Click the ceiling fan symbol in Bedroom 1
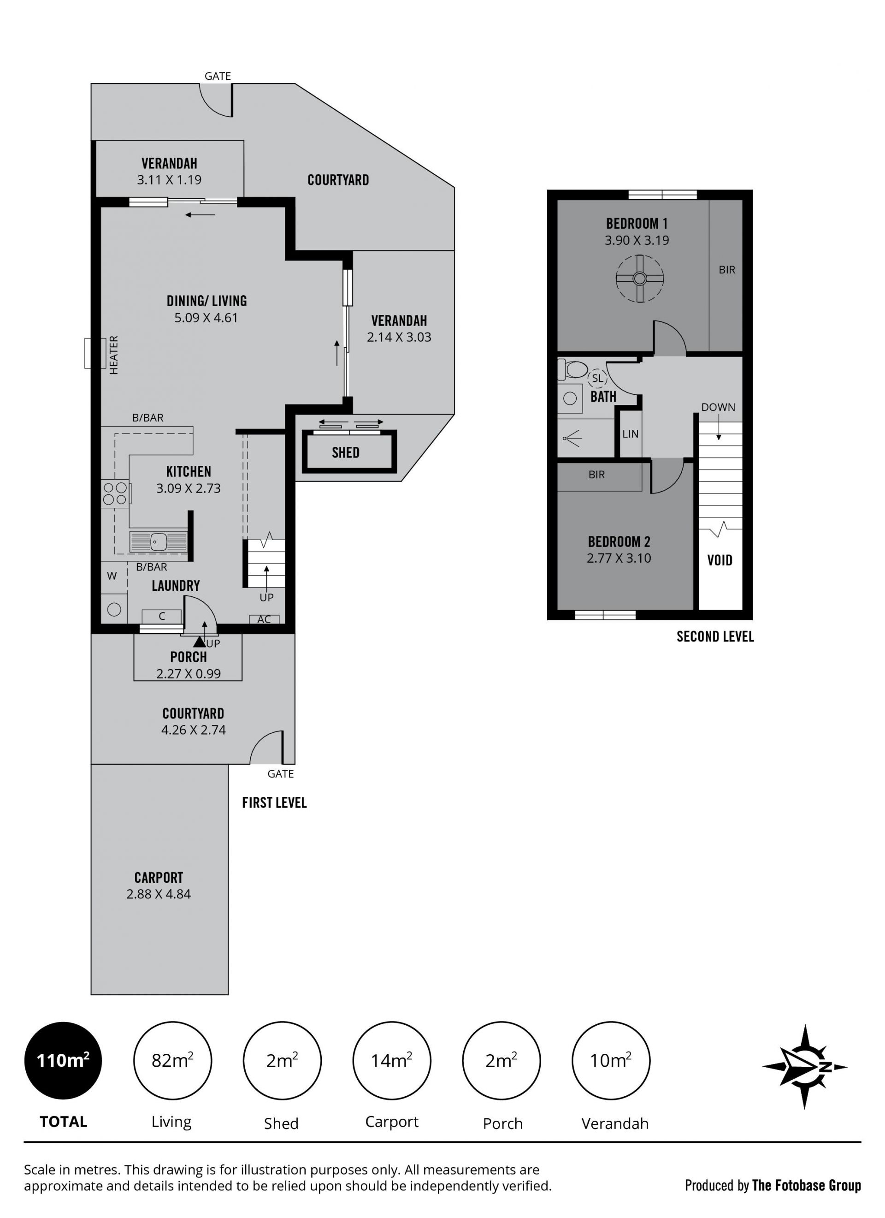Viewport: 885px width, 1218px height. (639, 279)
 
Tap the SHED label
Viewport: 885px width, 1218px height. (345, 453)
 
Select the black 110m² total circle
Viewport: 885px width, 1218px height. (63, 1060)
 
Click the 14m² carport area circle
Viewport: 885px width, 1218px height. (391, 1060)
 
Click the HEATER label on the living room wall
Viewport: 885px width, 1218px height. (113, 355)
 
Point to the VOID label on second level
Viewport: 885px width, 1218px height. (719, 560)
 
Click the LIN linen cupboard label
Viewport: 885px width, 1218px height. (631, 434)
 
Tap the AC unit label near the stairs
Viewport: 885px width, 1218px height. (264, 619)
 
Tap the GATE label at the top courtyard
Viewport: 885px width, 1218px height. (218, 76)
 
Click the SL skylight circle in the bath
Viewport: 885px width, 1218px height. (597, 378)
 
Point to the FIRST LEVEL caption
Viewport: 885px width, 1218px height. (274, 803)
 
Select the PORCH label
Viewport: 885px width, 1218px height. (189, 657)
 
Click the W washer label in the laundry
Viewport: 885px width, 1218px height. (112, 576)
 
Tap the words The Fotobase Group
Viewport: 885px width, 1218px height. (806, 1185)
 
